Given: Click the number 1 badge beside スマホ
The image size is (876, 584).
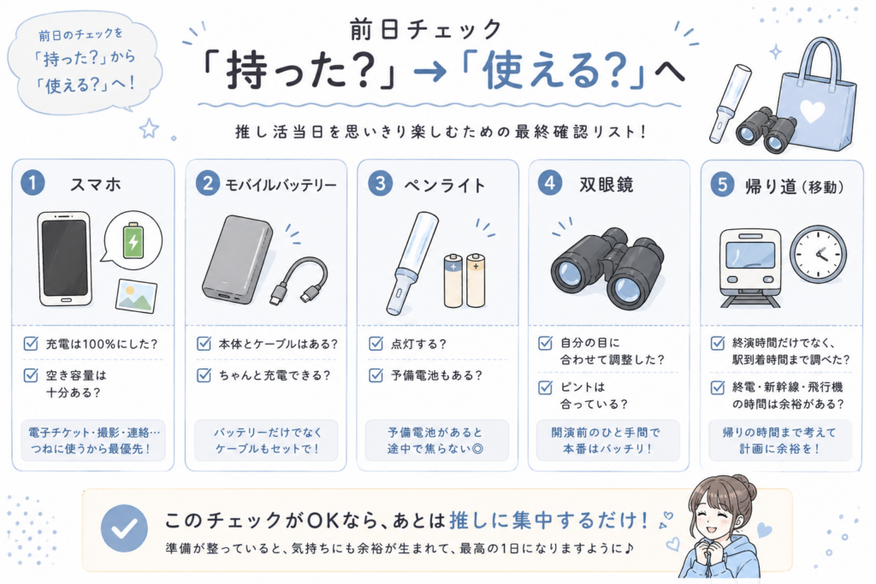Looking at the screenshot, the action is click(x=33, y=183).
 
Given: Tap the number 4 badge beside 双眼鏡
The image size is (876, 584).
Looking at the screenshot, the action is click(x=550, y=183).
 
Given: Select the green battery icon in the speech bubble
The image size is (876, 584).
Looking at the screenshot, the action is click(x=133, y=240).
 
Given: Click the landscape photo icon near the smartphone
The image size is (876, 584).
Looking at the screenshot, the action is click(x=136, y=296).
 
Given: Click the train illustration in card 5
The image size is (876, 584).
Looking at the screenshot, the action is click(x=749, y=268).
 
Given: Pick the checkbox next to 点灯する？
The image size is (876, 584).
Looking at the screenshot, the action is click(x=376, y=343).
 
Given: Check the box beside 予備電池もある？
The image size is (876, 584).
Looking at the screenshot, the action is click(x=376, y=375).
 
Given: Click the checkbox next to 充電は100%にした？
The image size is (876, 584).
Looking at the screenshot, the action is click(x=31, y=343).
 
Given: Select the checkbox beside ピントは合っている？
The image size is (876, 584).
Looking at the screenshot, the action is click(x=545, y=387).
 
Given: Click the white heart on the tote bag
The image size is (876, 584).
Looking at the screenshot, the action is click(x=812, y=111).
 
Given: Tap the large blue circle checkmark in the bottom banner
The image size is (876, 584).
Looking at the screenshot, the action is click(x=124, y=528).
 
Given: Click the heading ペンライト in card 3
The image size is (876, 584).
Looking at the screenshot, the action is click(x=445, y=185).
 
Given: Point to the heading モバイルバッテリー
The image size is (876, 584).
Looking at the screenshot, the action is click(x=281, y=185).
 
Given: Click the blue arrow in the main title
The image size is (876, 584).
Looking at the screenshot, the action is click(x=430, y=72).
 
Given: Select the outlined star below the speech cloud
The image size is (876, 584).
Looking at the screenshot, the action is click(x=149, y=128).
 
